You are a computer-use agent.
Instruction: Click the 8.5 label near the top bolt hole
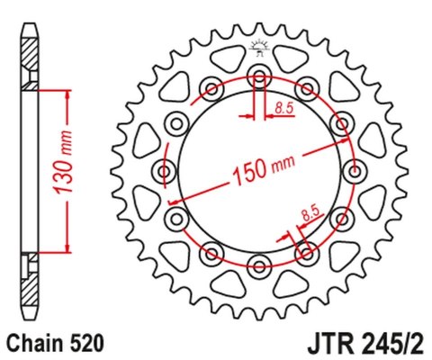[x=284, y=108]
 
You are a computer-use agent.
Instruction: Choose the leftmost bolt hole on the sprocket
[x=165, y=168]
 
